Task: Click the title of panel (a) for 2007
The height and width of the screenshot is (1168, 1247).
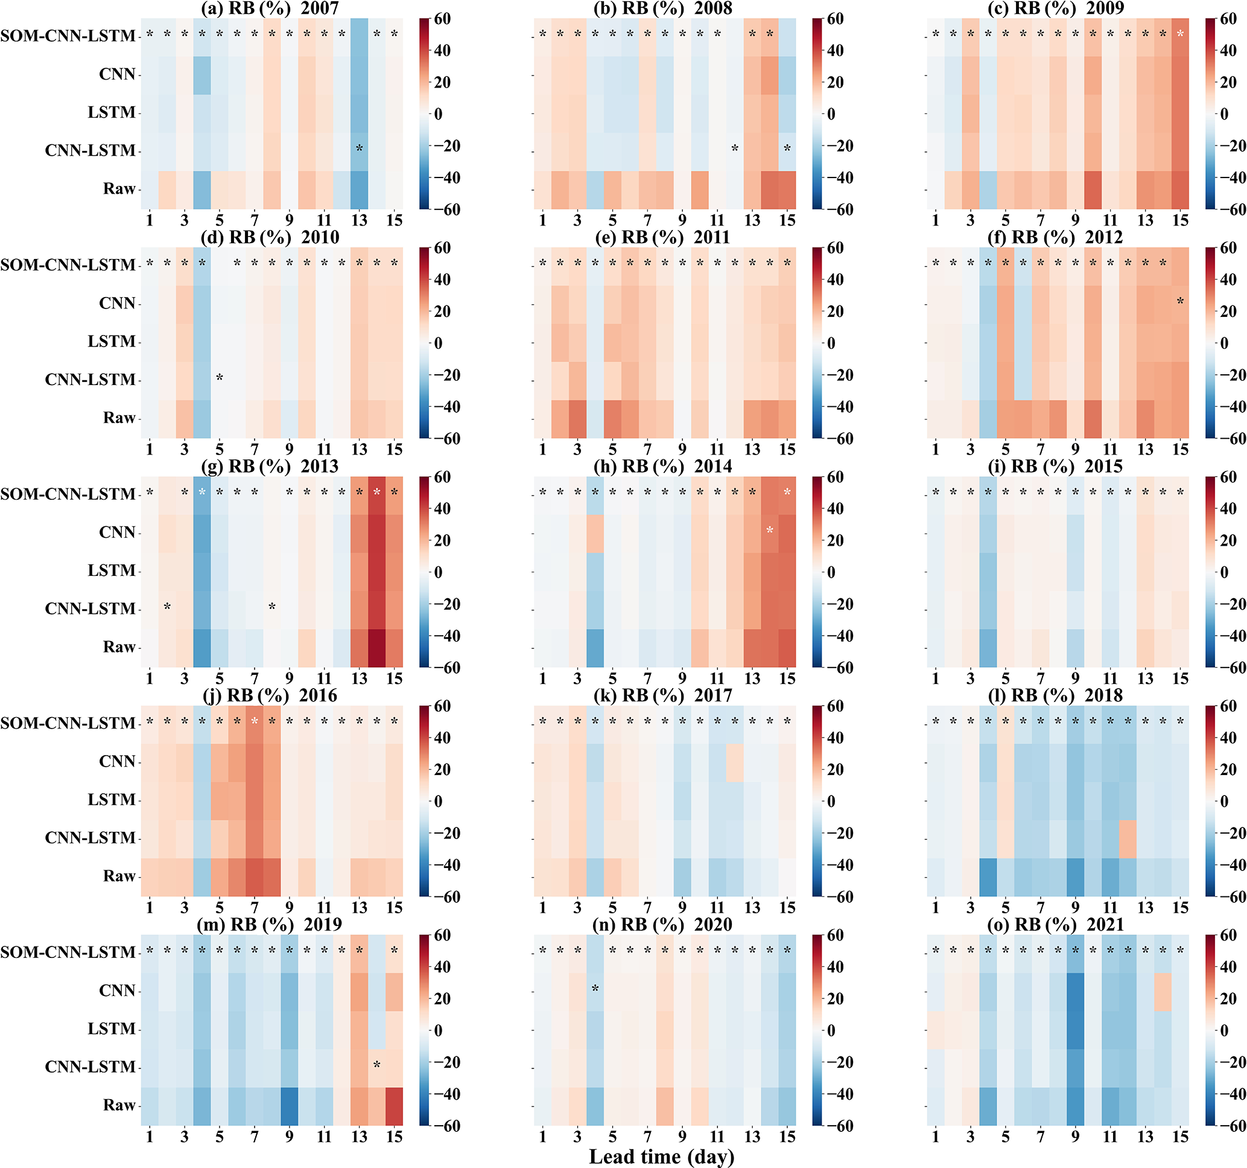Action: tap(270, 8)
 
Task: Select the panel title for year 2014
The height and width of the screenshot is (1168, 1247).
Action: tap(663, 467)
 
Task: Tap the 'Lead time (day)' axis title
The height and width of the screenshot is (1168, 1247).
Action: tap(662, 1156)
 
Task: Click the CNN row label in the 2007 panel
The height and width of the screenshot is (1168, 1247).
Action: tap(117, 74)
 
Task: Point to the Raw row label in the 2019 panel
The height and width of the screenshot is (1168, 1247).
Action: tap(119, 1105)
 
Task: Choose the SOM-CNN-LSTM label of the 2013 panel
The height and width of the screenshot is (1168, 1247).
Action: tap(68, 494)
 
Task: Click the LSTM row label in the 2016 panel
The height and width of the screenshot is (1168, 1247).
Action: tap(111, 799)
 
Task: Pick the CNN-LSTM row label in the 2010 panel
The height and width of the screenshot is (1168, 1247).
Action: tap(90, 380)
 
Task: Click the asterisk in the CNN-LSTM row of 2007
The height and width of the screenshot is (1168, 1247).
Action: tap(360, 148)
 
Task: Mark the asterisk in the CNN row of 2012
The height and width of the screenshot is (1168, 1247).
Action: tap(1181, 301)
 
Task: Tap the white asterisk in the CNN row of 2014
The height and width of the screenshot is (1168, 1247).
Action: tap(770, 531)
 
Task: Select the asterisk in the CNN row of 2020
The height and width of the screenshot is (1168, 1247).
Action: tap(595, 989)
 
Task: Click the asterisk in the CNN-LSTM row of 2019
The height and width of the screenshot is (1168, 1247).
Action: tap(377, 1064)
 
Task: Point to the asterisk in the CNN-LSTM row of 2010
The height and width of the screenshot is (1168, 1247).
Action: tap(220, 378)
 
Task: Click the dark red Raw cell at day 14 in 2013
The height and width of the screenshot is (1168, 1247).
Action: tap(377, 648)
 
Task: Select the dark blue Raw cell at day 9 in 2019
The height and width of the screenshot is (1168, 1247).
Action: tap(289, 1106)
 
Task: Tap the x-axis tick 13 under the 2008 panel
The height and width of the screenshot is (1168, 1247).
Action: tap(752, 220)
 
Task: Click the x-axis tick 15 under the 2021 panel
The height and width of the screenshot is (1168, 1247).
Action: tap(1180, 1137)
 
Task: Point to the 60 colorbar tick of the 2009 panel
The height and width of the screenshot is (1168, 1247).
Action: tap(1228, 19)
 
